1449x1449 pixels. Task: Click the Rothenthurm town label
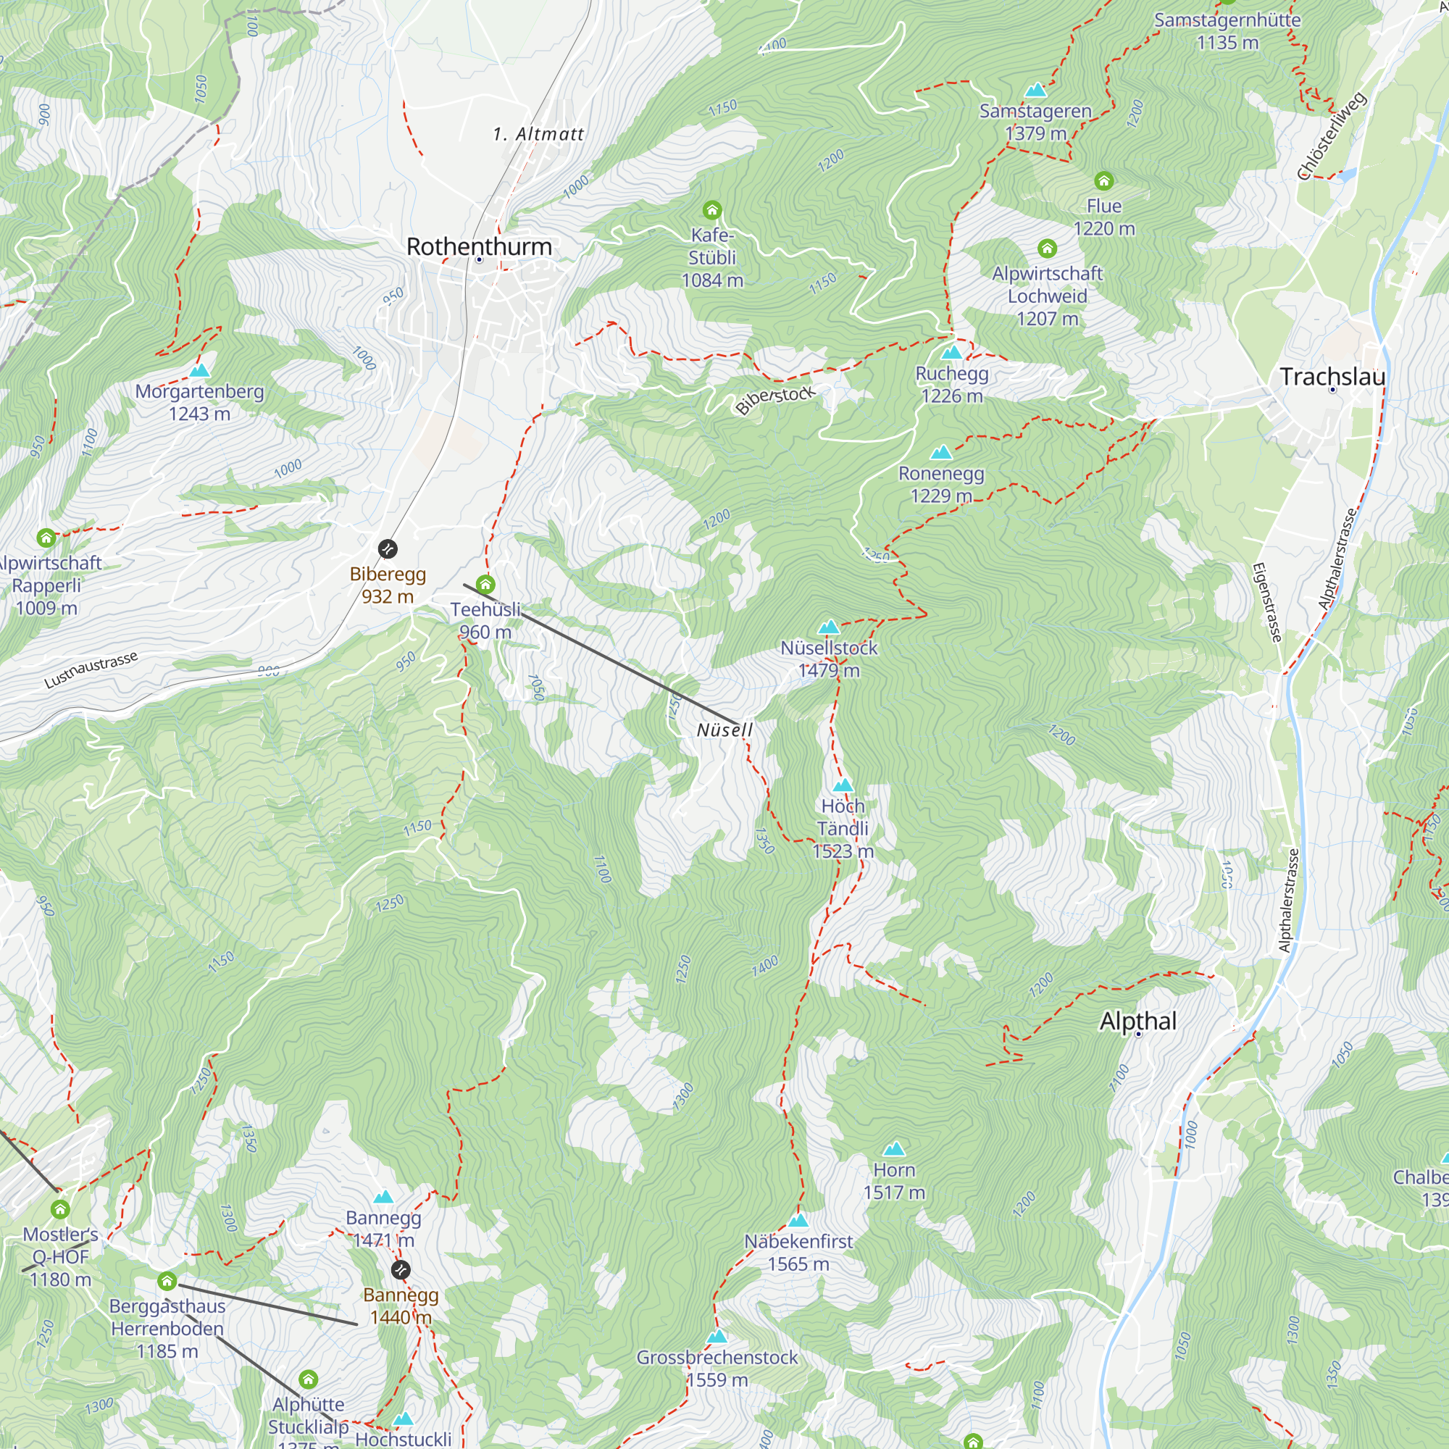point(478,246)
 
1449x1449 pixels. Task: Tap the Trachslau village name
point(1332,377)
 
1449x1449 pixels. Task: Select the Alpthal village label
point(1137,1021)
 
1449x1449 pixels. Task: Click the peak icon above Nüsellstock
point(828,626)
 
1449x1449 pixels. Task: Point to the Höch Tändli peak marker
point(843,785)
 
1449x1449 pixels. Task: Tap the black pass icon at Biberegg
point(388,549)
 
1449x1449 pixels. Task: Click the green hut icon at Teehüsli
point(485,584)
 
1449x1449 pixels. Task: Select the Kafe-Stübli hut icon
point(711,210)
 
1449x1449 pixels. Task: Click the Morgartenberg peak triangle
point(199,369)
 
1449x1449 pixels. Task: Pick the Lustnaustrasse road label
point(91,669)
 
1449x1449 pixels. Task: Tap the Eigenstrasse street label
point(1267,602)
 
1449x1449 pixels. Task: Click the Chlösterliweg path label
point(1332,136)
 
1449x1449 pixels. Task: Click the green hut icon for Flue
point(1103,180)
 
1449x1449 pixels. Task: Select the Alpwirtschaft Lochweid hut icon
point(1047,249)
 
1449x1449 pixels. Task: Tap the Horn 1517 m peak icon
point(893,1148)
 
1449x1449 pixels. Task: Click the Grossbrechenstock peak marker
point(717,1336)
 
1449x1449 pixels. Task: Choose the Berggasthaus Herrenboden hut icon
point(167,1281)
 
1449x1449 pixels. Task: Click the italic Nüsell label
point(724,730)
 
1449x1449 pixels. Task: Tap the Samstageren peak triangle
point(1035,90)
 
